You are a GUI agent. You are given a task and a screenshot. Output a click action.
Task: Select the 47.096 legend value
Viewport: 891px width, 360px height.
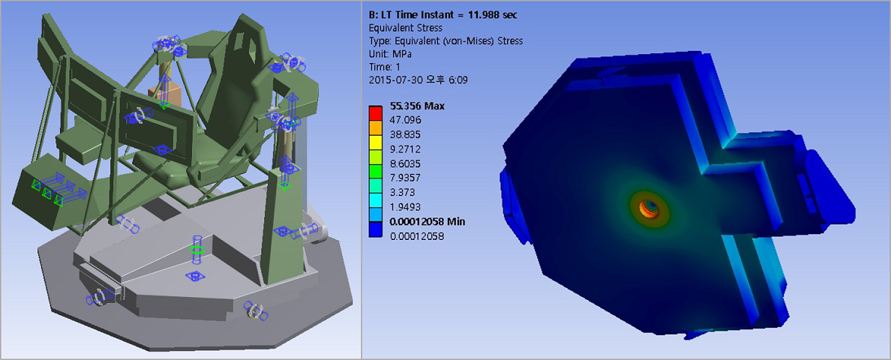409,118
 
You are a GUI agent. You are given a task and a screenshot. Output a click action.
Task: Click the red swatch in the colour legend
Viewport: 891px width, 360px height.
376,112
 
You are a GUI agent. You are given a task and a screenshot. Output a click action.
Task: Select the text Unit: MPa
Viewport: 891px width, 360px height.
391,53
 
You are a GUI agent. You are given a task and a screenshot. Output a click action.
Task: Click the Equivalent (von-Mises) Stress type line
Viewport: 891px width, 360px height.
446,40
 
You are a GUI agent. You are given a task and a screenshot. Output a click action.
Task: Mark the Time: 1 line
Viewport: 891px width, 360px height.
385,66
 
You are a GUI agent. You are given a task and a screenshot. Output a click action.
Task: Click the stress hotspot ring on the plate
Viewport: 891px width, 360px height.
647,206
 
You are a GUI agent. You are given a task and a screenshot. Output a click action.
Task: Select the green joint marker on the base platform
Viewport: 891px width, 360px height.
197,249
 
